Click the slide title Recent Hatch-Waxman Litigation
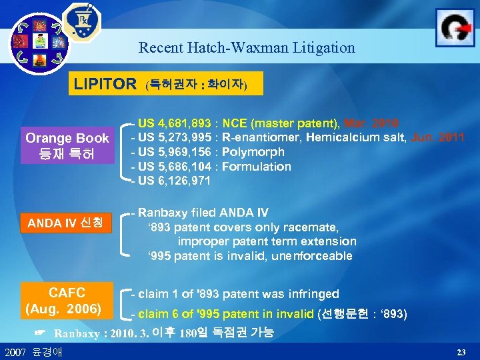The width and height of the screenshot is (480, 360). (x=247, y=48)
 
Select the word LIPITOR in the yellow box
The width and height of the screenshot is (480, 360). (x=105, y=85)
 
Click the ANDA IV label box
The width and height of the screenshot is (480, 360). (x=65, y=223)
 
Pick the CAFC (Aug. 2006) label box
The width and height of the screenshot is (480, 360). (x=63, y=301)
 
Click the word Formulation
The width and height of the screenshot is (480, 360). (x=257, y=167)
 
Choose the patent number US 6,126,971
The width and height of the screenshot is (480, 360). (x=175, y=181)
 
